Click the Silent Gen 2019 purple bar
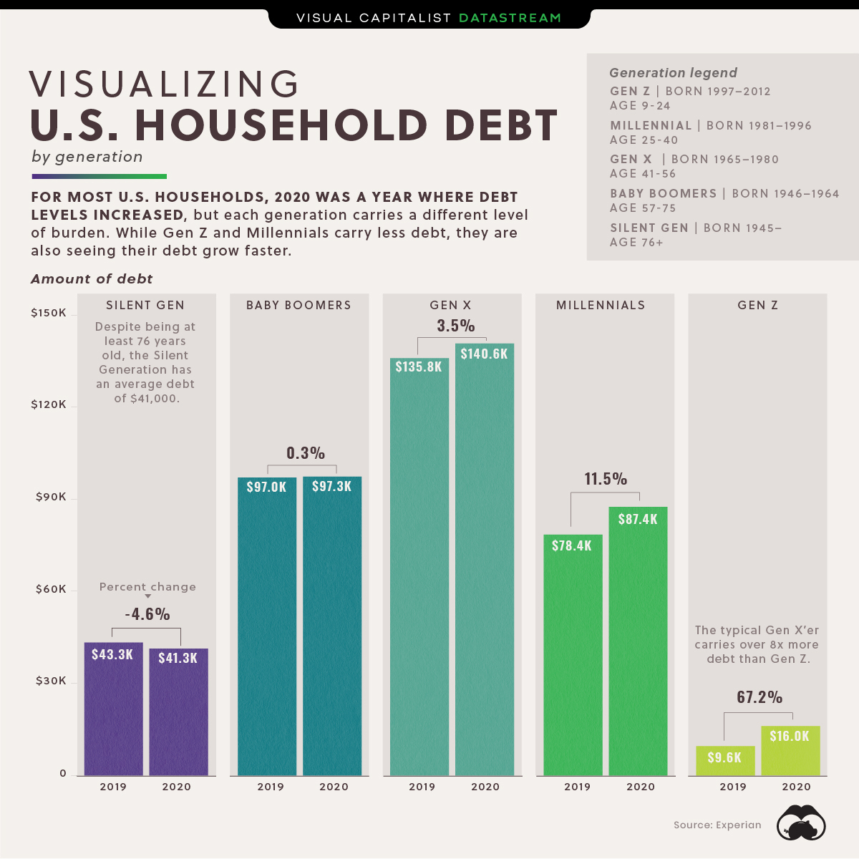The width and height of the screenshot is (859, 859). [113, 716]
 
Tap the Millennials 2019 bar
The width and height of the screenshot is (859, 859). [573, 666]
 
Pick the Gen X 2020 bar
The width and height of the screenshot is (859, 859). [485, 573]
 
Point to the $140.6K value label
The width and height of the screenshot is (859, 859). [485, 354]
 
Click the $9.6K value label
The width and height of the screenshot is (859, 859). [724, 757]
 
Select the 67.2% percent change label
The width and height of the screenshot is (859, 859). [759, 697]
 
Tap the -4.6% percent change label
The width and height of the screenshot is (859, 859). [147, 614]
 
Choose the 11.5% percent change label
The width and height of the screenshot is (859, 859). [606, 479]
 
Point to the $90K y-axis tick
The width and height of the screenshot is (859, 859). [51, 497]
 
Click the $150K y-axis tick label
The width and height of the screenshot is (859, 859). [49, 313]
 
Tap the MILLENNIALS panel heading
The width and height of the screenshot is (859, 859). [601, 305]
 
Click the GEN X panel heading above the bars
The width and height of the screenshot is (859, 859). [450, 305]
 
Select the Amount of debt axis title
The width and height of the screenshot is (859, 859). [92, 279]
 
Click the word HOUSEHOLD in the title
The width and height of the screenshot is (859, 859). [281, 126]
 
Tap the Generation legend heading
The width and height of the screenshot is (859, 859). [673, 73]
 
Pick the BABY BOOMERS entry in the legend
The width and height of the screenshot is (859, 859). [663, 194]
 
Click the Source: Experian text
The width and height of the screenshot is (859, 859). [717, 825]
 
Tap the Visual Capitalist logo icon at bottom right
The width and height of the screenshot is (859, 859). [802, 823]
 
